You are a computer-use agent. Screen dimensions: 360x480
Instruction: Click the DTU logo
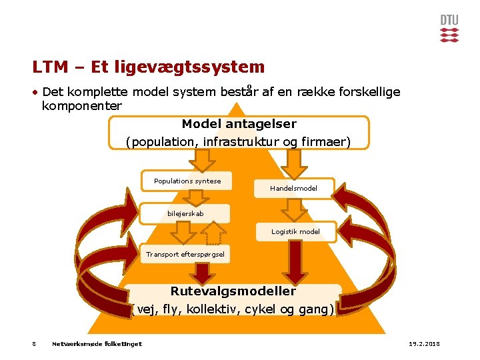[449, 29]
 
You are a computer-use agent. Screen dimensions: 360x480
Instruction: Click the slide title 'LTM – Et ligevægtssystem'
[148, 67]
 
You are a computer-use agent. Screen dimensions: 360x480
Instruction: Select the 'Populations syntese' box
[187, 181]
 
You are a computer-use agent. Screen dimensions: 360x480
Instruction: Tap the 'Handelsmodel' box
[293, 189]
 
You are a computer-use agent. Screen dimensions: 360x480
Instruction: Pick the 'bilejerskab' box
[185, 213]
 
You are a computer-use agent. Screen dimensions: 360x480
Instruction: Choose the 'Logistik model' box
[295, 231]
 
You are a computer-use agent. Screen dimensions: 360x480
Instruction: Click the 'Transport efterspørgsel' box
[185, 254]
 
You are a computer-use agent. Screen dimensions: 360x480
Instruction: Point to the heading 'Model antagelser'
[239, 124]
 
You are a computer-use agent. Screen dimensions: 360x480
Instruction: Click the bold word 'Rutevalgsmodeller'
[233, 291]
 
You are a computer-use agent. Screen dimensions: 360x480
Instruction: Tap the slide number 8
[34, 344]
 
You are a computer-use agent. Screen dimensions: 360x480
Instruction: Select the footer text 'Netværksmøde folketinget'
[97, 344]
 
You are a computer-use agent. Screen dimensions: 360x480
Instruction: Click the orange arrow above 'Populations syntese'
[202, 160]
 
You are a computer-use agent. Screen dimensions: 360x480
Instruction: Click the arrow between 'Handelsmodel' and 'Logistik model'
[293, 209]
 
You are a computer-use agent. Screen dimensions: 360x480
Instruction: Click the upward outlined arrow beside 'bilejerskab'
[214, 233]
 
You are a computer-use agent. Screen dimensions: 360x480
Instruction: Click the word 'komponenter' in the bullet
[81, 106]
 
